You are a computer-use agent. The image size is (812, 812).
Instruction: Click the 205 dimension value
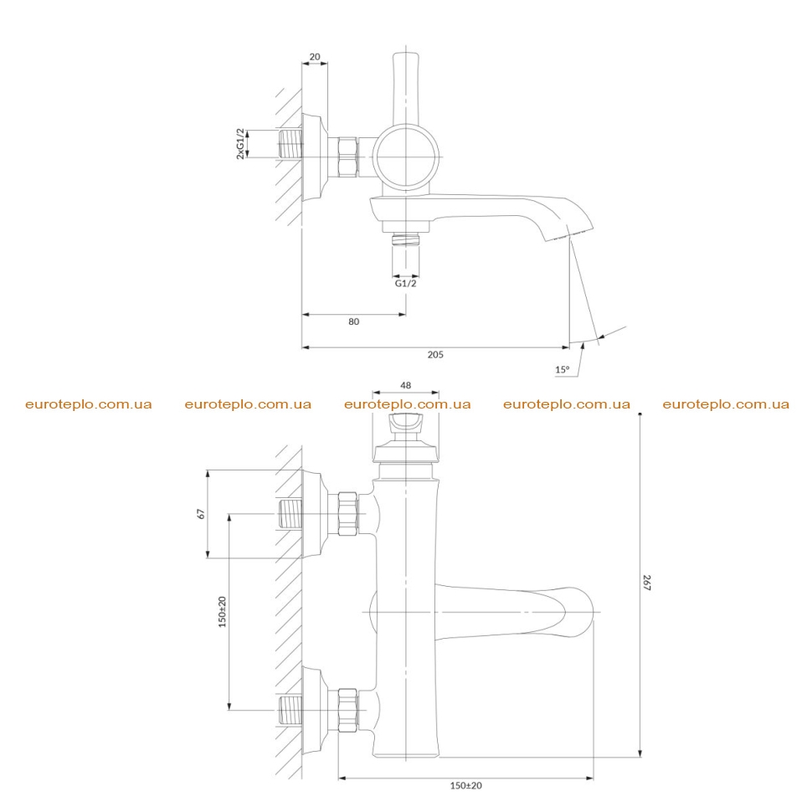click(435, 355)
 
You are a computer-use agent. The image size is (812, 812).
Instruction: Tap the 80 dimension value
click(354, 321)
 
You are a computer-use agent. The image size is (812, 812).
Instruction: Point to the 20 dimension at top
click(315, 56)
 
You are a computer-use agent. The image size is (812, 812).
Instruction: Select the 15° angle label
click(562, 370)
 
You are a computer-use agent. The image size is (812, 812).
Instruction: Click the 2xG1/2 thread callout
click(240, 143)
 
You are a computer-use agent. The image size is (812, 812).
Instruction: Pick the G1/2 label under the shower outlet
click(405, 283)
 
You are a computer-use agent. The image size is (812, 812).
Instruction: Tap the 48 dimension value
click(405, 385)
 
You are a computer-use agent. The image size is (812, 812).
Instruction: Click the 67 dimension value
click(201, 514)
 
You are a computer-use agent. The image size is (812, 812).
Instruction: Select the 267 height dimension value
click(647, 582)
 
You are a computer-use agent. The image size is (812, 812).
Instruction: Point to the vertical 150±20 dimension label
click(222, 612)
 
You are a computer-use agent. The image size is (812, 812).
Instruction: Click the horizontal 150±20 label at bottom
click(465, 785)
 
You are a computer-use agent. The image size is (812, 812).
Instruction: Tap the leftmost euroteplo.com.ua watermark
click(89, 404)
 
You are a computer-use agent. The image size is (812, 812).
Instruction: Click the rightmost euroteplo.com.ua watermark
click(726, 404)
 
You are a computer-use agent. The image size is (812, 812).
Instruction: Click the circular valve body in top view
click(377, 157)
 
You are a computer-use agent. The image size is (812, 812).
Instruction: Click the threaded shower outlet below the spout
click(405, 239)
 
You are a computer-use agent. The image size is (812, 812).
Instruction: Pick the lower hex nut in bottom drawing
click(347, 710)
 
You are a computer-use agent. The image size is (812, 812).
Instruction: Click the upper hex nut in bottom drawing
click(347, 514)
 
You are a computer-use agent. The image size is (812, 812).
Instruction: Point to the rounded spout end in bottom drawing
click(592, 612)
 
